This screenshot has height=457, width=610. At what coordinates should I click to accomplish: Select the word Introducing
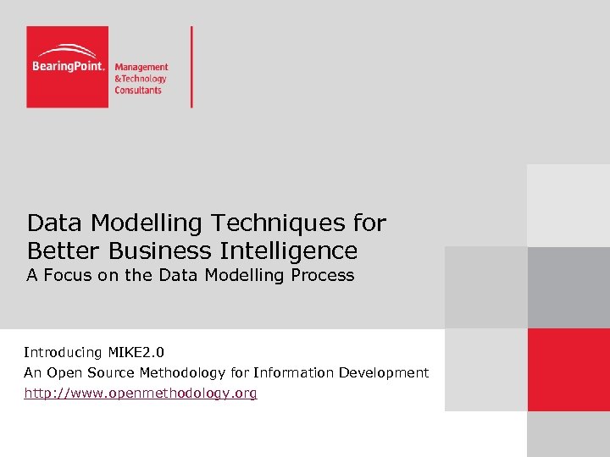click(63, 352)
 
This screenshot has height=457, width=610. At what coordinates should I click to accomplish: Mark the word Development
click(385, 373)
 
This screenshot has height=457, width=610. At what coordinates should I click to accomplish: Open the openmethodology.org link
click(141, 394)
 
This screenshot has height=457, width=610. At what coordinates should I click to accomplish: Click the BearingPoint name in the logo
click(68, 66)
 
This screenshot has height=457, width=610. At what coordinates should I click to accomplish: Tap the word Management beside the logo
click(141, 67)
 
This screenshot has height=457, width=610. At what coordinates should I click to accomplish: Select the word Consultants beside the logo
click(138, 90)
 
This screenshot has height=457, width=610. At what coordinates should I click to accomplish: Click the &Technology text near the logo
click(141, 79)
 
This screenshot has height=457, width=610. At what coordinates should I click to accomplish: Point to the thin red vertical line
click(191, 67)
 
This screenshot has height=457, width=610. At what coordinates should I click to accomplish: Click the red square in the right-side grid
click(568, 370)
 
